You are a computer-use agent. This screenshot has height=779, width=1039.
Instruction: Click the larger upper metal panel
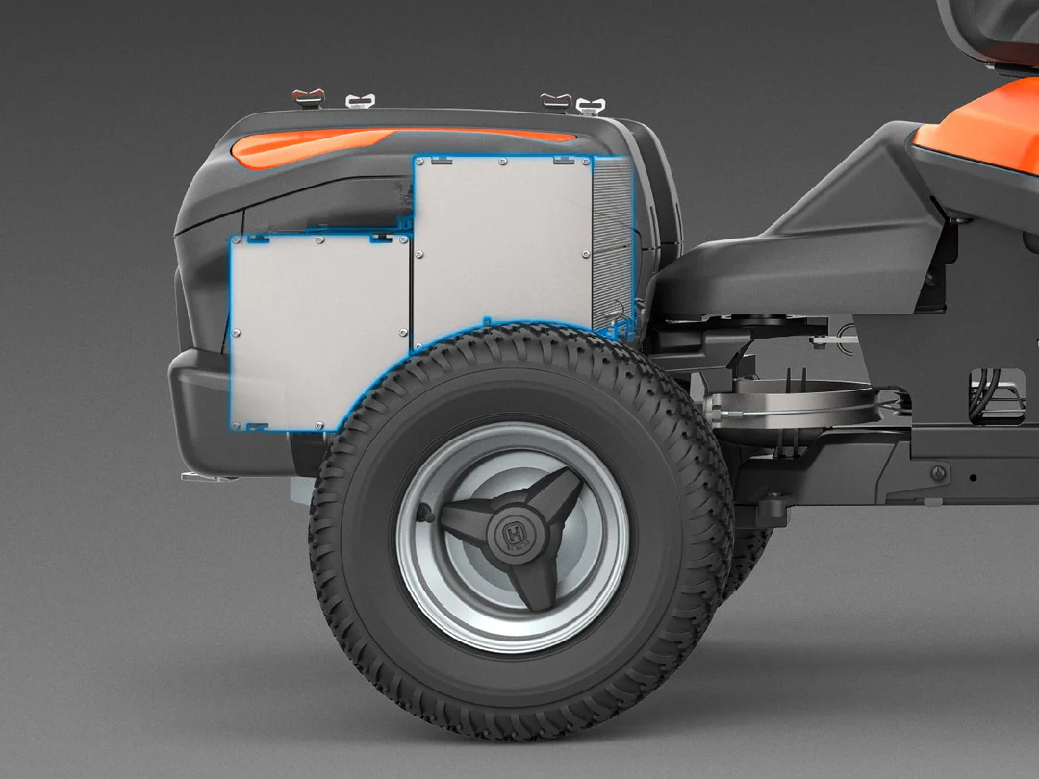tap(502, 250)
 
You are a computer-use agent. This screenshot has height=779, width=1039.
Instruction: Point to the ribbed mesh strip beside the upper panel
tap(612, 250)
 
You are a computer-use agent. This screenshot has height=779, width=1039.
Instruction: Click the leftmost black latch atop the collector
tap(309, 98)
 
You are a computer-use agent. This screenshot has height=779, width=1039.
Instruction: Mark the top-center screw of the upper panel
tap(503, 163)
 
